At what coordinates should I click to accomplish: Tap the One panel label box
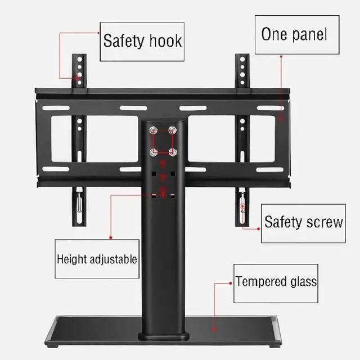[293, 34]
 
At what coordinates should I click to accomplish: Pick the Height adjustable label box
[96, 259]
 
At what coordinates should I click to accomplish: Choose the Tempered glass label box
[276, 281]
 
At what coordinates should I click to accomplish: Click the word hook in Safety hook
[164, 42]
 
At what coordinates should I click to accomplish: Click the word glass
[303, 281]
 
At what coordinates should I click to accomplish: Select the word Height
[72, 260]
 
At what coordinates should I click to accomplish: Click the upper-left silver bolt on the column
[153, 130]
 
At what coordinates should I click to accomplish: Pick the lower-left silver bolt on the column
[153, 151]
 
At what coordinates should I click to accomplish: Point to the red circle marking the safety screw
[243, 206]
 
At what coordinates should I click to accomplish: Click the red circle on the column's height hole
[163, 194]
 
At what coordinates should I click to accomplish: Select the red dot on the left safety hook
[79, 78]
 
